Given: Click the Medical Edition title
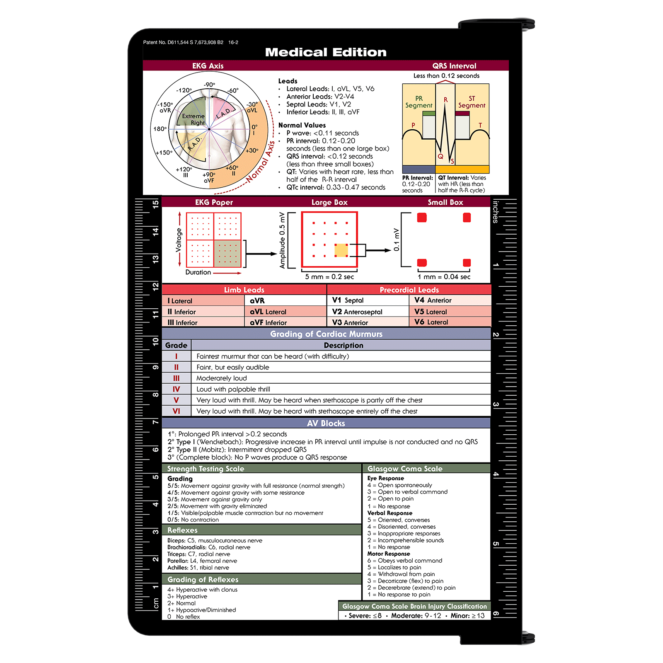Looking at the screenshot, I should [x=326, y=52].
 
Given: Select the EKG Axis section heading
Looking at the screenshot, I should [x=208, y=66].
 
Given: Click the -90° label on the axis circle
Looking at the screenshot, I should [x=209, y=85].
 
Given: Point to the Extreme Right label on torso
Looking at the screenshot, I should [x=194, y=119].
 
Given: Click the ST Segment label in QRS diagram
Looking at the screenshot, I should [x=472, y=102].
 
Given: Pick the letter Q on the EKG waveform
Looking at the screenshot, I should [x=440, y=156].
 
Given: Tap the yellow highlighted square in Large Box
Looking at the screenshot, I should [x=341, y=250].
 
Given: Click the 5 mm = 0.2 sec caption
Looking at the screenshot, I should [x=329, y=277].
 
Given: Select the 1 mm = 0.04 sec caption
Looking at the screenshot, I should [x=444, y=277].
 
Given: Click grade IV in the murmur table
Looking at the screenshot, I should [x=176, y=389].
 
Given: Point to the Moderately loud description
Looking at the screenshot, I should [x=221, y=378].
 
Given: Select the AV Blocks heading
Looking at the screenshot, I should [x=326, y=423].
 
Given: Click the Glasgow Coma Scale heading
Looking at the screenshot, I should [x=405, y=469].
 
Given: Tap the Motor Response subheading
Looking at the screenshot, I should [x=388, y=554].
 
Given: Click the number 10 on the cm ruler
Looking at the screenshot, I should [x=155, y=341].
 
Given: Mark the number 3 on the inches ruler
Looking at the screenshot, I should [x=496, y=404].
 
